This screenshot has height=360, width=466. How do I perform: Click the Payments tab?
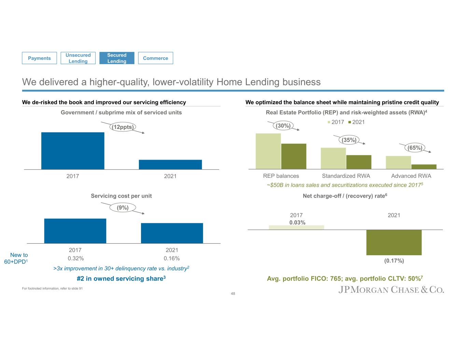[39, 58]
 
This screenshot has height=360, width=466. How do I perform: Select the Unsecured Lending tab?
[78, 58]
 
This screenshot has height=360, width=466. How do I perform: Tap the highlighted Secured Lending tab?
[117, 58]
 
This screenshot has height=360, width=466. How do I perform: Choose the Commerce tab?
[155, 58]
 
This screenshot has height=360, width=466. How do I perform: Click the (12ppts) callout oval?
[123, 127]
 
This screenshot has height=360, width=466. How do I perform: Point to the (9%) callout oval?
[123, 207]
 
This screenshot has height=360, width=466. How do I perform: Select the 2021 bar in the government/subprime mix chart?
[170, 164]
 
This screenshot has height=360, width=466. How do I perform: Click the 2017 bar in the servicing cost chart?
[75, 231]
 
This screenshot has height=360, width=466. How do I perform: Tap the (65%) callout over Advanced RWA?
[415, 148]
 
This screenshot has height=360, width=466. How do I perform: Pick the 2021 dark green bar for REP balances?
[294, 156]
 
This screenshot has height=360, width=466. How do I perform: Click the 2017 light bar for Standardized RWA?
[333, 158]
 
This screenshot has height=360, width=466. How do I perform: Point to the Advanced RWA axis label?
[411, 176]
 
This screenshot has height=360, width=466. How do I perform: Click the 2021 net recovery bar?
[394, 242]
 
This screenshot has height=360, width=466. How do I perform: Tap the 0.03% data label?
[297, 222]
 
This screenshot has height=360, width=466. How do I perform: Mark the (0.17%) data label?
[394, 261]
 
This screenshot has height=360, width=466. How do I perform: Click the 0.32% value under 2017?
[75, 258]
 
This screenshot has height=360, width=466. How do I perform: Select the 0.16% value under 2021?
[172, 258]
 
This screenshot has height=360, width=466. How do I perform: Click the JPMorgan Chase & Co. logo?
[391, 290]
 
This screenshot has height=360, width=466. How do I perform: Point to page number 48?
[233, 293]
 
